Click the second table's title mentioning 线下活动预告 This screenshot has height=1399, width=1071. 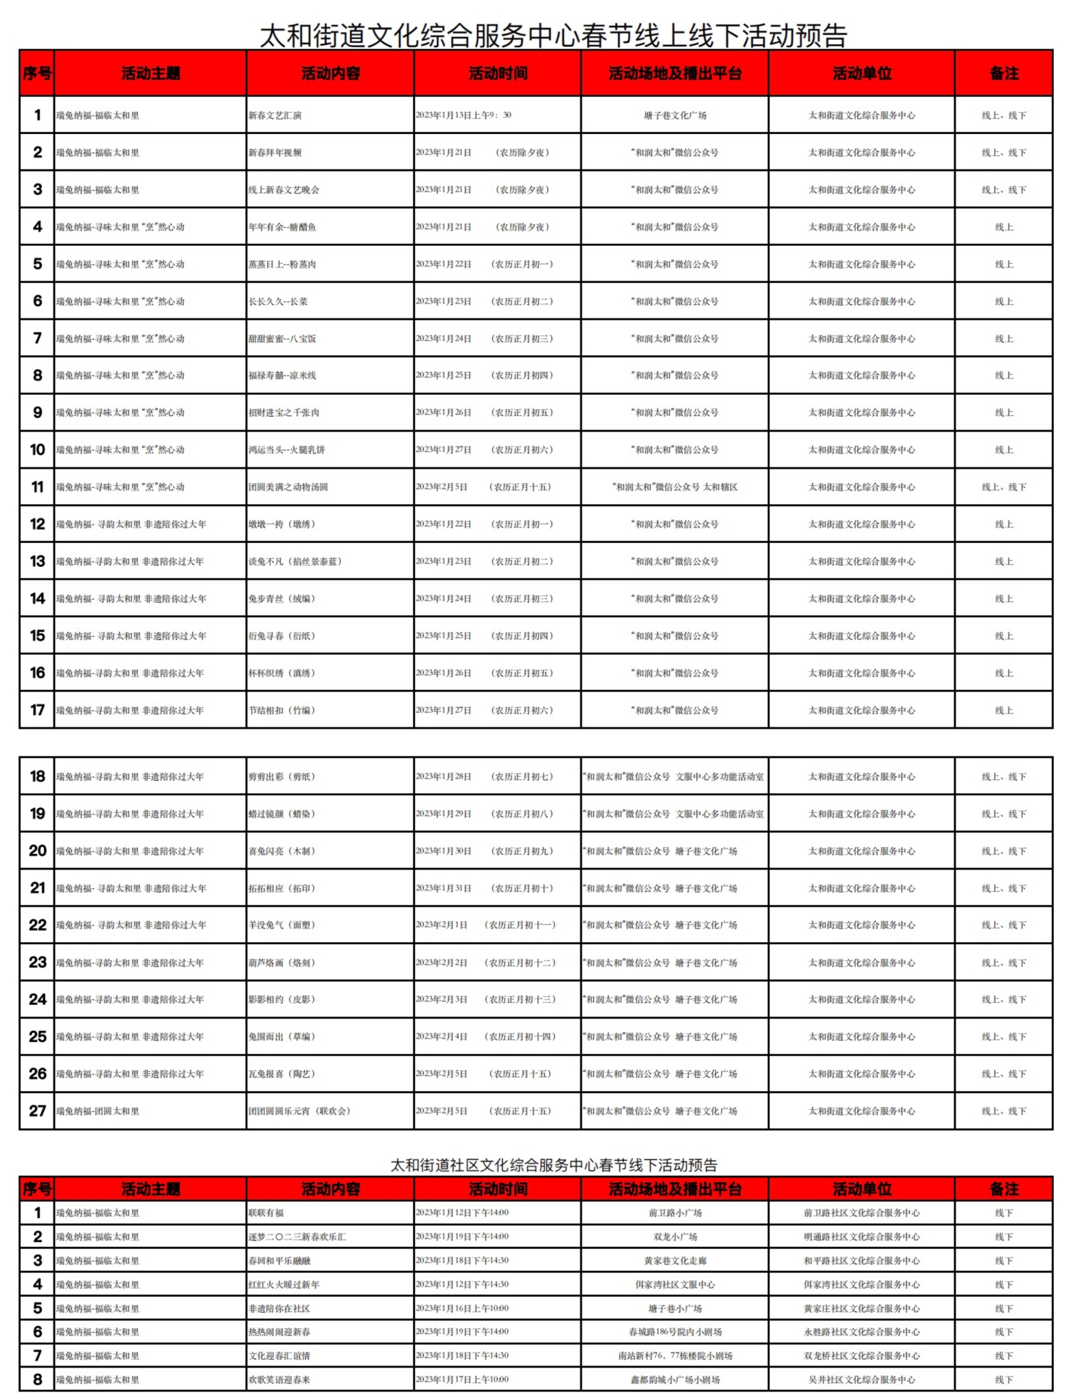tap(554, 1165)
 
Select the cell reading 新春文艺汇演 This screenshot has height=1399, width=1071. tap(275, 115)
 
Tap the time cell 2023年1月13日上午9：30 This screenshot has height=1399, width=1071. tap(463, 115)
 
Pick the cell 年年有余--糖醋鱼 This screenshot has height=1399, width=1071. tap(282, 227)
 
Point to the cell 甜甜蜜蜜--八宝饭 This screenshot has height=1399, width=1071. tap(282, 339)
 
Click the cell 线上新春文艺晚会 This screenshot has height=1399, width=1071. tap(284, 190)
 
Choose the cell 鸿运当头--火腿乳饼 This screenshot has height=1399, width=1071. tap(286, 449)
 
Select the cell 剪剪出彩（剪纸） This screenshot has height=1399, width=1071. tap(282, 777)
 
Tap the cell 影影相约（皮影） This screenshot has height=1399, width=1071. tap(282, 999)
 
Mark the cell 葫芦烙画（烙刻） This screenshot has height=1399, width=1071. tap(282, 962)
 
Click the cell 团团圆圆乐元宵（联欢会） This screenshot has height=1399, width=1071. tap(299, 1111)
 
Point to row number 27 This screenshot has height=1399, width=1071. tap(38, 1111)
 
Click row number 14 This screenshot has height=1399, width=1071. tap(38, 598)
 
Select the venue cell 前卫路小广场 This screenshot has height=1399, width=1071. tap(675, 1213)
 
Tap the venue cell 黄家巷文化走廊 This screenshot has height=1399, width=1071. tap(675, 1260)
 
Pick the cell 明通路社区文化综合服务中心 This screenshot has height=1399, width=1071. tap(861, 1237)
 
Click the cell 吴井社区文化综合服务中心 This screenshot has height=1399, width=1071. tap(861, 1380)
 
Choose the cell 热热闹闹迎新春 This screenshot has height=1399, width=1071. tap(279, 1332)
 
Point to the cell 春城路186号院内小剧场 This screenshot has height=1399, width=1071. tap(675, 1332)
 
